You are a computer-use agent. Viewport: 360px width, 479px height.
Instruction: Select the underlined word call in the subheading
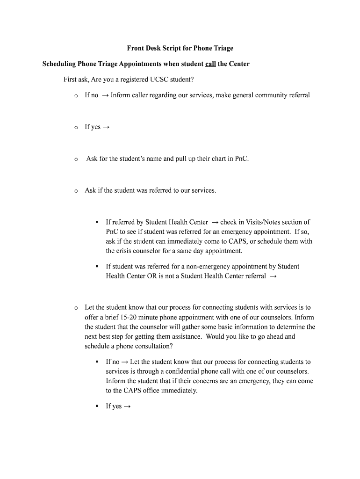tap(210, 64)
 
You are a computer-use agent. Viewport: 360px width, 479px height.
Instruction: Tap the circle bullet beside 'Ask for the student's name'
tap(75, 159)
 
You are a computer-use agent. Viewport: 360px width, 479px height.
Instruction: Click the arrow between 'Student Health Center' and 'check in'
tap(215, 222)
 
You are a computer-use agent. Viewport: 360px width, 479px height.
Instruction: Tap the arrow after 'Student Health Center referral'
tap(273, 276)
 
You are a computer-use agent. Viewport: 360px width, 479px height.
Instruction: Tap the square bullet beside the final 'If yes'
tap(96, 406)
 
